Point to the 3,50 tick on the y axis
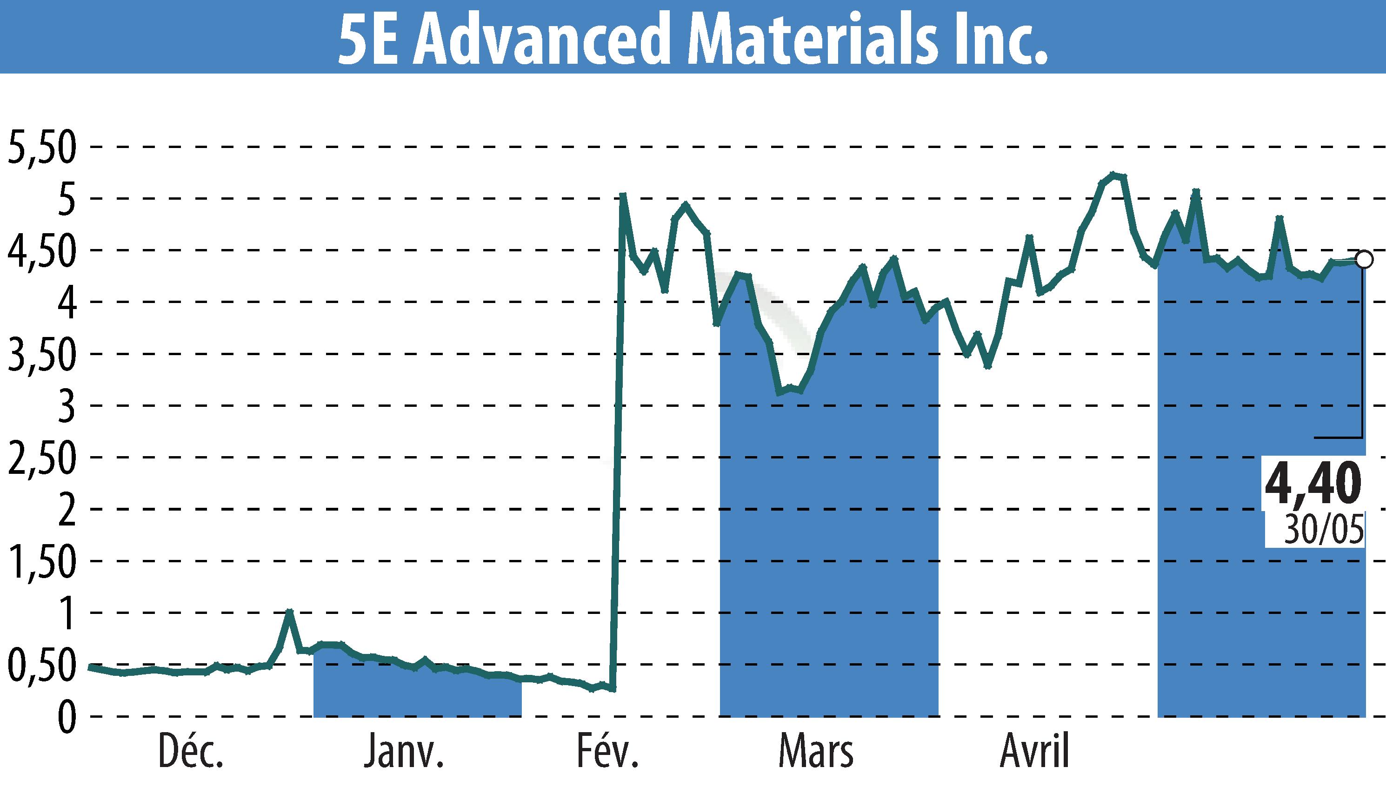click(41, 356)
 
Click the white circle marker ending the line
click(1364, 260)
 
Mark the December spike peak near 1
click(290, 612)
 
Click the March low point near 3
click(779, 392)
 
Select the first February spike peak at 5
click(623, 195)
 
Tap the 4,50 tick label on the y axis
click(41, 252)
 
